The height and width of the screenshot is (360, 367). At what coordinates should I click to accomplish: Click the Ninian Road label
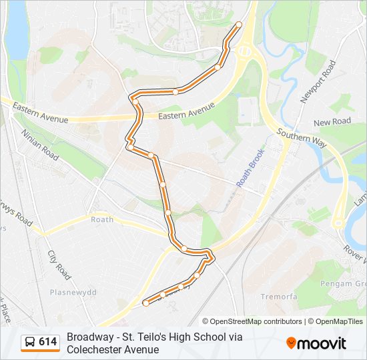(41, 143)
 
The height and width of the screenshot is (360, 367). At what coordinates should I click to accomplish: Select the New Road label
(332, 121)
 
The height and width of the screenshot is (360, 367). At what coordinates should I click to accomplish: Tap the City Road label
(59, 264)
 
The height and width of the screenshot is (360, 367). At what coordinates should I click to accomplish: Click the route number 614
(47, 342)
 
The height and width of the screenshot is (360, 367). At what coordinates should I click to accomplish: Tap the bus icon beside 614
(30, 342)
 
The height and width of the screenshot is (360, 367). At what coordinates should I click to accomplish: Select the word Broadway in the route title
(89, 337)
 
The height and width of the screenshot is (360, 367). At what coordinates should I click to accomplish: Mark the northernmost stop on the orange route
(239, 25)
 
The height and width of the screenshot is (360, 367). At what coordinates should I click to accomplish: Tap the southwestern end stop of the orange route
(145, 303)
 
